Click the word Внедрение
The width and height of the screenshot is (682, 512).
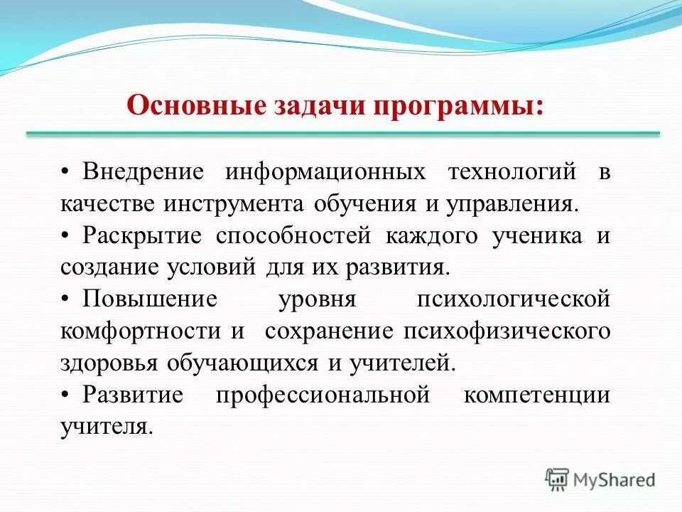click(x=143, y=172)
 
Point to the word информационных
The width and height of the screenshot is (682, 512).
click(x=325, y=172)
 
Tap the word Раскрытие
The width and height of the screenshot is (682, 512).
click(x=142, y=236)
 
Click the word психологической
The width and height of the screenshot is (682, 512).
click(x=513, y=299)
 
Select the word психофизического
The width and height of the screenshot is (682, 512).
click(x=507, y=331)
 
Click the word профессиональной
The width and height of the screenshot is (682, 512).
click(x=323, y=395)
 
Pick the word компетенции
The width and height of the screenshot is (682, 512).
click(x=536, y=395)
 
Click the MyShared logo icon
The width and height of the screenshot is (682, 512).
click(x=558, y=479)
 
